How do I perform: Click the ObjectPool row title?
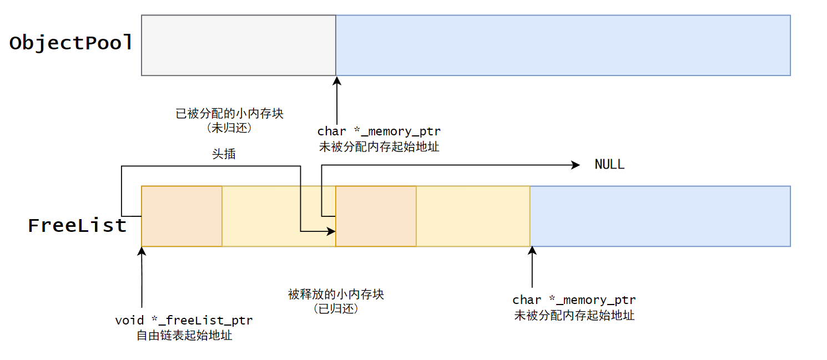click(x=71, y=43)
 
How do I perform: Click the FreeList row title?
click(x=77, y=226)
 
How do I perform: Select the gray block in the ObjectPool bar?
click(x=239, y=45)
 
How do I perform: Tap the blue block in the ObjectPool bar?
click(x=563, y=45)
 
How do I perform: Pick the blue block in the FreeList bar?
click(x=660, y=216)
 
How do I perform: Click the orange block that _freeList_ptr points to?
click(x=181, y=216)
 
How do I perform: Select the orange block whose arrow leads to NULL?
click(x=376, y=216)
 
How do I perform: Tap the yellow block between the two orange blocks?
click(x=279, y=216)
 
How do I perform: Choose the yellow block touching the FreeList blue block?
click(x=473, y=216)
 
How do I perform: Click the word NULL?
click(x=609, y=165)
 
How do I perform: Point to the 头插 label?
click(x=224, y=154)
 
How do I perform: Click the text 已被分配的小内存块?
click(x=229, y=114)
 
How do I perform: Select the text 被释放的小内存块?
click(x=336, y=294)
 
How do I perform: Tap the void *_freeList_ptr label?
click(x=184, y=321)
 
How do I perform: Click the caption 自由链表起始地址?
click(x=184, y=336)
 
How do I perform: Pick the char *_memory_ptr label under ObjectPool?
click(x=379, y=131)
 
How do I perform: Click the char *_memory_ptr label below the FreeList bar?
click(x=574, y=300)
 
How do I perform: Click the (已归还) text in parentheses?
click(x=336, y=309)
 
